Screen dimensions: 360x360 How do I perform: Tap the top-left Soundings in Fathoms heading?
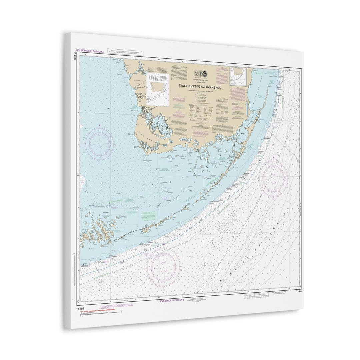click(x=90, y=51)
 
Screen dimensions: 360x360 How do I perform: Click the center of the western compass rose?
click(x=99, y=144)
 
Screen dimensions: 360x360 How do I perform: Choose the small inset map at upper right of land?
click(x=238, y=77)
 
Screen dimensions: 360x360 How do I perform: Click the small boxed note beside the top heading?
click(x=125, y=53)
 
